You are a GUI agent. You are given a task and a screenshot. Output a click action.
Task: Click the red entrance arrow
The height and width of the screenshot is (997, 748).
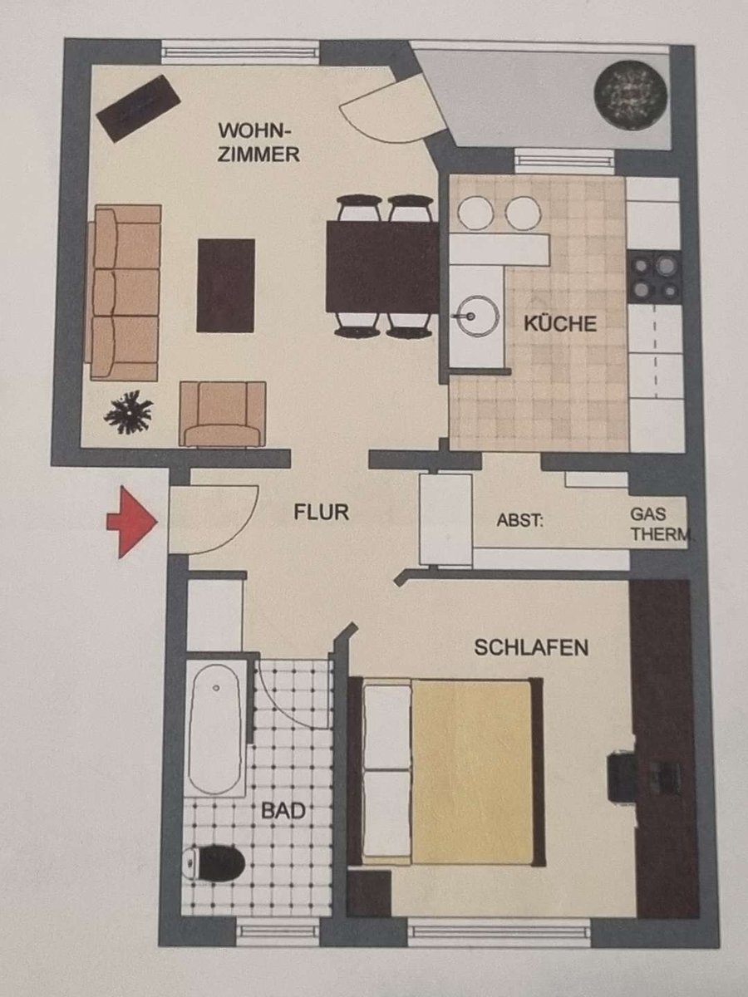tap(132, 522)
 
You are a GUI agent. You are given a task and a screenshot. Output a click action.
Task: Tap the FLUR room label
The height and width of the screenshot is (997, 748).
tap(321, 513)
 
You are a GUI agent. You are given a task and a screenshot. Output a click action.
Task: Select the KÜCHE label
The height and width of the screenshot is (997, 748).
tap(560, 323)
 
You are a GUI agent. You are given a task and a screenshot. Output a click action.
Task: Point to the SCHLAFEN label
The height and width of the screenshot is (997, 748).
tap(531, 646)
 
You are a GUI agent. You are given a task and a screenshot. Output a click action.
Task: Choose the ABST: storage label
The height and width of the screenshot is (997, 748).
tap(520, 520)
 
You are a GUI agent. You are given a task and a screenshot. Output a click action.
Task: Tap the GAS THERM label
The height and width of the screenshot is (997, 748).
tap(661, 524)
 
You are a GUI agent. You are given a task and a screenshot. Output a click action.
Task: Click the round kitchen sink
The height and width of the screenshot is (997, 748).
tap(477, 316)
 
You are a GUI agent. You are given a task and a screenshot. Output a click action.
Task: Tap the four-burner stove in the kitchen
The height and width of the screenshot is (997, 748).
tap(654, 277)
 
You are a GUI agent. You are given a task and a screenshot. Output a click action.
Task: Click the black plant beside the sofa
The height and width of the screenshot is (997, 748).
tap(129, 412)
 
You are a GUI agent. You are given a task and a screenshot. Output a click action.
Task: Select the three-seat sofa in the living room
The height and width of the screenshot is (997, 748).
tap(124, 293)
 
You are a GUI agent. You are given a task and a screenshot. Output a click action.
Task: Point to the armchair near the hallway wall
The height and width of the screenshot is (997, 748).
tap(223, 414)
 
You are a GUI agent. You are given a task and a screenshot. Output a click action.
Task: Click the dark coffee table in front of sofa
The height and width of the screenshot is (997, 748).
tap(226, 285)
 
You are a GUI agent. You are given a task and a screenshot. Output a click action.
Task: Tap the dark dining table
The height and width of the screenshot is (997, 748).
tap(382, 267)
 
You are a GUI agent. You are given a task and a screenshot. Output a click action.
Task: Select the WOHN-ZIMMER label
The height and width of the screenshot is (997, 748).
tap(258, 142)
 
